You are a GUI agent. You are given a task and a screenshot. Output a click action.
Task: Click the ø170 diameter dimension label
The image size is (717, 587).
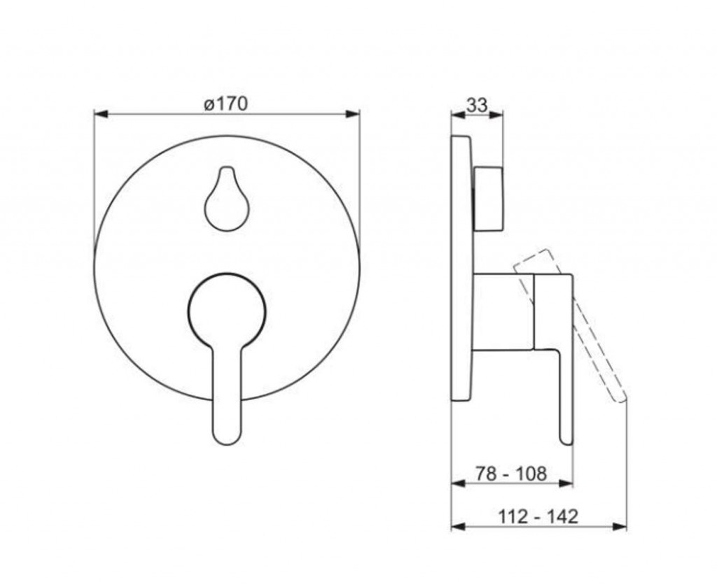click(225, 104)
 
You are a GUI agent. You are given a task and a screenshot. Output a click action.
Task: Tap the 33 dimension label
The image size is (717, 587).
click(477, 106)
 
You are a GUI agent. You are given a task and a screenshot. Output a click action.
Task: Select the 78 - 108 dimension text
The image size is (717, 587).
click(510, 474)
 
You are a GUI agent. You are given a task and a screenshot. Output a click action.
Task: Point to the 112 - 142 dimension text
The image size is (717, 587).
click(538, 516)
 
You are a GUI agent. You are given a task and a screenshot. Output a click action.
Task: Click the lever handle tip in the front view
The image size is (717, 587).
click(227, 437)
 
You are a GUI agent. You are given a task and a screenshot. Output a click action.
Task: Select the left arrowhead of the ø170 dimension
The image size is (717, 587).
click(101, 114)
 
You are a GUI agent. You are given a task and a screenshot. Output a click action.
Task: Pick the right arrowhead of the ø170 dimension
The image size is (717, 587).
click(353, 114)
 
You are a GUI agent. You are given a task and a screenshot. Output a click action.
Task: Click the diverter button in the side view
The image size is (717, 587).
click(489, 199)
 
